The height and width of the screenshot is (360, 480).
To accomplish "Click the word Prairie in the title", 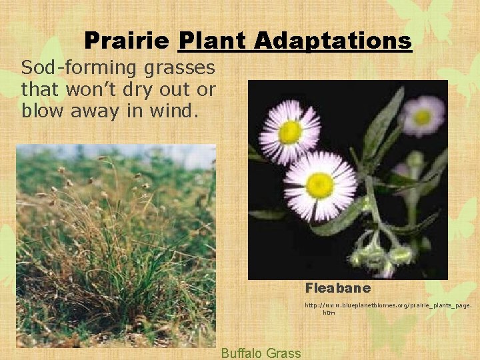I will [x=127, y=41].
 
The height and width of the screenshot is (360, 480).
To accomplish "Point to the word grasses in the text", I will [x=183, y=68].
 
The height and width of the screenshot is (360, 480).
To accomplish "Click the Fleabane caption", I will [x=338, y=289].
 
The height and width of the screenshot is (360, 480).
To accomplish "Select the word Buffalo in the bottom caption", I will [x=242, y=353].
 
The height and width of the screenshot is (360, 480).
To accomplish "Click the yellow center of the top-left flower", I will [x=290, y=132].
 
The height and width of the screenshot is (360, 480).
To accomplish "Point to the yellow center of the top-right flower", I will [x=423, y=117].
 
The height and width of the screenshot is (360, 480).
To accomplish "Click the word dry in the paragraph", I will [x=143, y=89].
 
